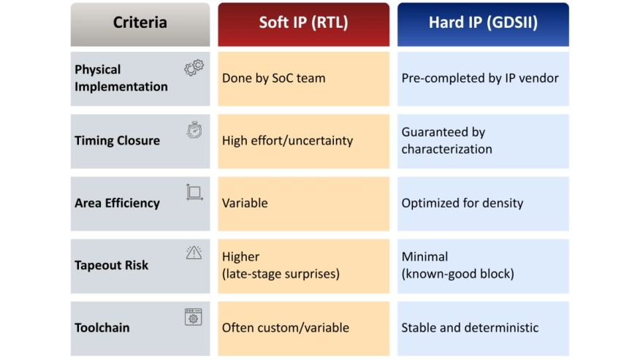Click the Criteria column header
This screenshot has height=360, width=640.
pyautogui.click(x=140, y=24)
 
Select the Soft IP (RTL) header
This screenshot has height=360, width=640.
pyautogui.click(x=303, y=24)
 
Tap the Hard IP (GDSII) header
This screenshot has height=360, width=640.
pyautogui.click(x=483, y=24)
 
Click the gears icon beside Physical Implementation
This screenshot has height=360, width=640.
pyautogui.click(x=194, y=68)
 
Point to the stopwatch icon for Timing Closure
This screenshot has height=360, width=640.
pyautogui.click(x=194, y=130)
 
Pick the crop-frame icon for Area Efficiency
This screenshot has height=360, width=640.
pyautogui.click(x=194, y=192)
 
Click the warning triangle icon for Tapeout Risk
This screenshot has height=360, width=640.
pyautogui.click(x=194, y=253)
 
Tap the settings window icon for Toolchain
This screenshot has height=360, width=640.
pyautogui.click(x=193, y=317)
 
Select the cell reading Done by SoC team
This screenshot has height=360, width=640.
pyautogui.click(x=303, y=79)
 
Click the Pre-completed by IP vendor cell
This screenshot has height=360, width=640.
pyautogui.click(x=483, y=79)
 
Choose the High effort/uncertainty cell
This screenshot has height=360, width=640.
pyautogui.click(x=303, y=141)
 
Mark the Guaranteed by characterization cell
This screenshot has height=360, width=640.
pyautogui.click(x=483, y=141)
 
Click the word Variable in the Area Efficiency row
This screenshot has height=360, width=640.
pyautogui.click(x=245, y=203)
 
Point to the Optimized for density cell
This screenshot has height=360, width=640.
pyautogui.click(x=483, y=204)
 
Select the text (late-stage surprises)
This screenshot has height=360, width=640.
pyautogui.click(x=281, y=274)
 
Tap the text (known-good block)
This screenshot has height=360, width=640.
pyautogui.click(x=457, y=274)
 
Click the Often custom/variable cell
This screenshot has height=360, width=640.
pyautogui.click(x=303, y=329)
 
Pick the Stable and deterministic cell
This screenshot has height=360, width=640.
pyautogui.click(x=483, y=329)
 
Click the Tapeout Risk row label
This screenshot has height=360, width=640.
pyautogui.click(x=112, y=265)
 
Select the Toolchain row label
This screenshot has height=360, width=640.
pyautogui.click(x=102, y=327)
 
